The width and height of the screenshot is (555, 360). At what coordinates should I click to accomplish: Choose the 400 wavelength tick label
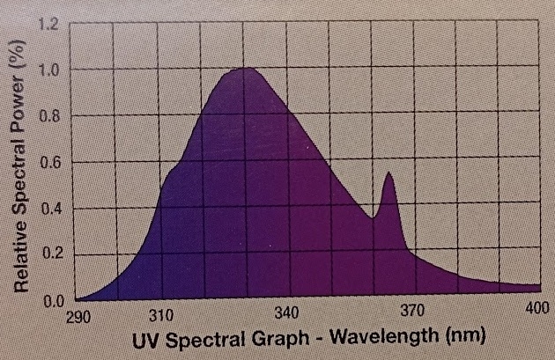536,310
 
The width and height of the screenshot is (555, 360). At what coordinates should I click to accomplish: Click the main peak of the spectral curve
247,69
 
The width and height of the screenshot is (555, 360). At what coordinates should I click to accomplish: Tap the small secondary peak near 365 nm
387,173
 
